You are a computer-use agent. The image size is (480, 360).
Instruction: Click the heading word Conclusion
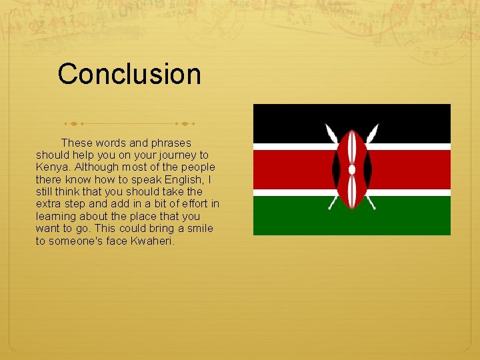129,74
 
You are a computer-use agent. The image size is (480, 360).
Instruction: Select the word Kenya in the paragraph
51,167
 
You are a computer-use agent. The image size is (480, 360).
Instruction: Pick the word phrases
171,143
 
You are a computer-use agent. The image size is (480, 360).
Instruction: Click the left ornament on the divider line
73,123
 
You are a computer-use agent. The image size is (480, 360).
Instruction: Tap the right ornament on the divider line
185,123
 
